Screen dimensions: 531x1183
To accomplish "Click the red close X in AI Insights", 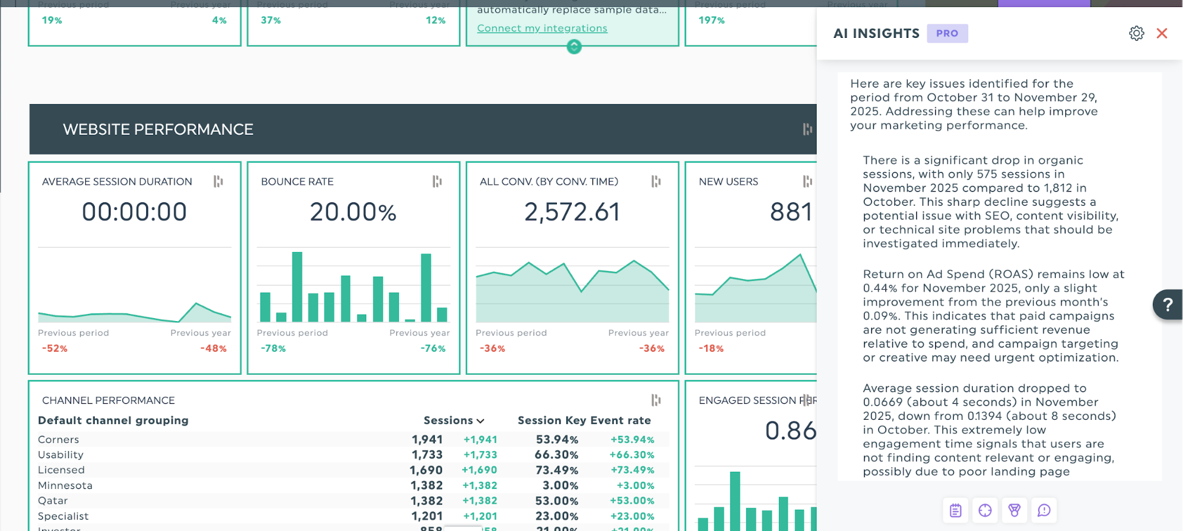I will tap(1162, 33).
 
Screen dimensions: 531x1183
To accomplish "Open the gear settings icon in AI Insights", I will tap(1136, 33).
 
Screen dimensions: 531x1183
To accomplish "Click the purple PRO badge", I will tap(947, 33).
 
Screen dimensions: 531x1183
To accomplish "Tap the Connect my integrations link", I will tap(541, 28).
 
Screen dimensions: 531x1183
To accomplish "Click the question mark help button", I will tap(1167, 305).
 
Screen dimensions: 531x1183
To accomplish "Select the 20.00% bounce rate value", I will tap(353, 212).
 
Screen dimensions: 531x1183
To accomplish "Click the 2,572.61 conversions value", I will tap(572, 212).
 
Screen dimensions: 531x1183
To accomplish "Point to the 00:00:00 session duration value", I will tap(134, 212).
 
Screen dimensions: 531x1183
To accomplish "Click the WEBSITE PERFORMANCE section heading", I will tap(158, 129).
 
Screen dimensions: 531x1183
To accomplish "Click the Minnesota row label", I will tap(65, 485).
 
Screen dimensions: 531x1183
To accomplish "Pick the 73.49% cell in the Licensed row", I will tap(556, 470).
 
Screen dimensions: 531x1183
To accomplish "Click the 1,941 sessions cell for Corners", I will tap(427, 439).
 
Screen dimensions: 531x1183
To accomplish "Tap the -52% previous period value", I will tap(54, 349).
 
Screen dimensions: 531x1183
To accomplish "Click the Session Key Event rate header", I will tap(584, 420).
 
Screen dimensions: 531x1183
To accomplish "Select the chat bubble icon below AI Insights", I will tap(1043, 510).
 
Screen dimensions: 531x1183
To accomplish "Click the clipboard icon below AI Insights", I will tap(955, 510).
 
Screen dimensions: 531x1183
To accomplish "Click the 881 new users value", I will tap(791, 212).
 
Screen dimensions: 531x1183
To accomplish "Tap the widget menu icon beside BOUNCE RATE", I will tap(437, 182).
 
